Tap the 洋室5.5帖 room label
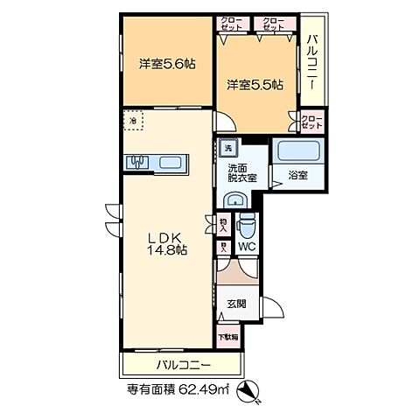click(x=255, y=84)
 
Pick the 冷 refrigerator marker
click(x=133, y=120)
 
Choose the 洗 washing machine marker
click(x=228, y=148)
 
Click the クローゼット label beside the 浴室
click(x=310, y=121)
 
